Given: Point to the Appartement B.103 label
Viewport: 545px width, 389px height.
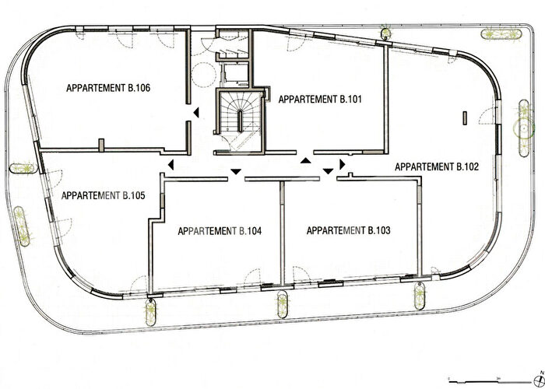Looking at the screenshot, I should tap(349, 230).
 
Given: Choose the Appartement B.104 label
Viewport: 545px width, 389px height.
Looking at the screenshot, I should tap(220, 231).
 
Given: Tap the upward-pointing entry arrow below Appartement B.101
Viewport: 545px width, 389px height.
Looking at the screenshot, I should tap(306, 160).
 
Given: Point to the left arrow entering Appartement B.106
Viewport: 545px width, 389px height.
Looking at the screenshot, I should tap(196, 114).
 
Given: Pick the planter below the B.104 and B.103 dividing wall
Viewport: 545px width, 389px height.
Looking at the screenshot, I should tap(282, 303).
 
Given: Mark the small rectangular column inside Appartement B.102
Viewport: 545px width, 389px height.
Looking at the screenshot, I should tap(465, 117).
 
